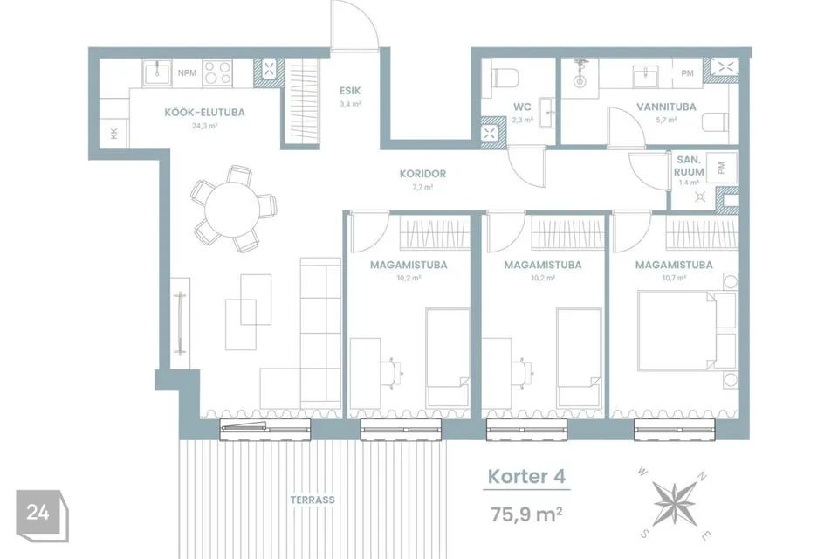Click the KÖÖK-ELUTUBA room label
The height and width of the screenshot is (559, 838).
tap(204, 113)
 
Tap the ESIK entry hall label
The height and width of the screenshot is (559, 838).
tap(350, 91)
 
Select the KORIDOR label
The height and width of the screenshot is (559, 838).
tap(422, 174)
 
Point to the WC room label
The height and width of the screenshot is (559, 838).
tap(522, 107)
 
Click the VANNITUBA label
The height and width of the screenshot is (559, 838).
tap(666, 107)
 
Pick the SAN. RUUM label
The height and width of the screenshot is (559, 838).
tap(689, 166)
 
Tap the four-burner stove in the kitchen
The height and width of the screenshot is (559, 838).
tap(217, 73)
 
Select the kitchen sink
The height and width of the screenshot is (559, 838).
tap(157, 73)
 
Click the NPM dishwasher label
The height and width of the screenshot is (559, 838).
tap(187, 73)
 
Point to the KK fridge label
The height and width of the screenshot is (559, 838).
tap(113, 133)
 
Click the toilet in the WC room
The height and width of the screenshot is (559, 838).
tap(505, 79)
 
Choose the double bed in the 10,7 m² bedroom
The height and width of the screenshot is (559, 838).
tap(677, 330)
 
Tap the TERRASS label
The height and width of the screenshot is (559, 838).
tap(313, 500)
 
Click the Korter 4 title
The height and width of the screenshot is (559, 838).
tap(526, 477)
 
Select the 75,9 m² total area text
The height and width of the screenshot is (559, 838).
tap(526, 514)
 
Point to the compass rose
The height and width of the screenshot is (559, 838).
tap(675, 503)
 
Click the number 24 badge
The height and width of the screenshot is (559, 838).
tap(38, 513)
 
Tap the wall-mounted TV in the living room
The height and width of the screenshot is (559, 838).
tap(180, 323)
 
